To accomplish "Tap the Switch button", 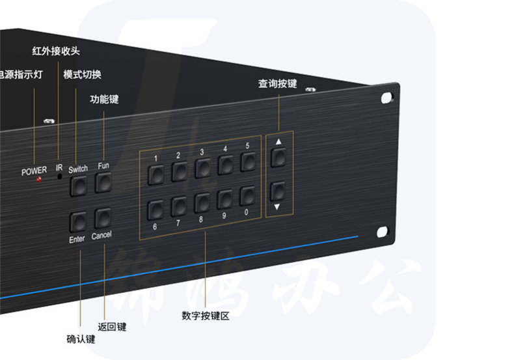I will pyautogui.click(x=78, y=186).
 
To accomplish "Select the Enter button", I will pyautogui.click(x=78, y=222).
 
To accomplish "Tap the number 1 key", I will pyautogui.click(x=156, y=174).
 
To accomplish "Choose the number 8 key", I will pyautogui.click(x=202, y=202).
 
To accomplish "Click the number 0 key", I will pyautogui.click(x=247, y=196).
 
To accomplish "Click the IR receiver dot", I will pyautogui.click(x=59, y=176).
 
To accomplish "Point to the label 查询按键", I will pyautogui.click(x=277, y=84).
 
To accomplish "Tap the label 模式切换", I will pyautogui.click(x=82, y=74).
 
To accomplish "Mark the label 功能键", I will pyautogui.click(x=104, y=100).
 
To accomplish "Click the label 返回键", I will pyautogui.click(x=111, y=326).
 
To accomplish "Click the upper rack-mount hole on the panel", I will pyautogui.click(x=387, y=98).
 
